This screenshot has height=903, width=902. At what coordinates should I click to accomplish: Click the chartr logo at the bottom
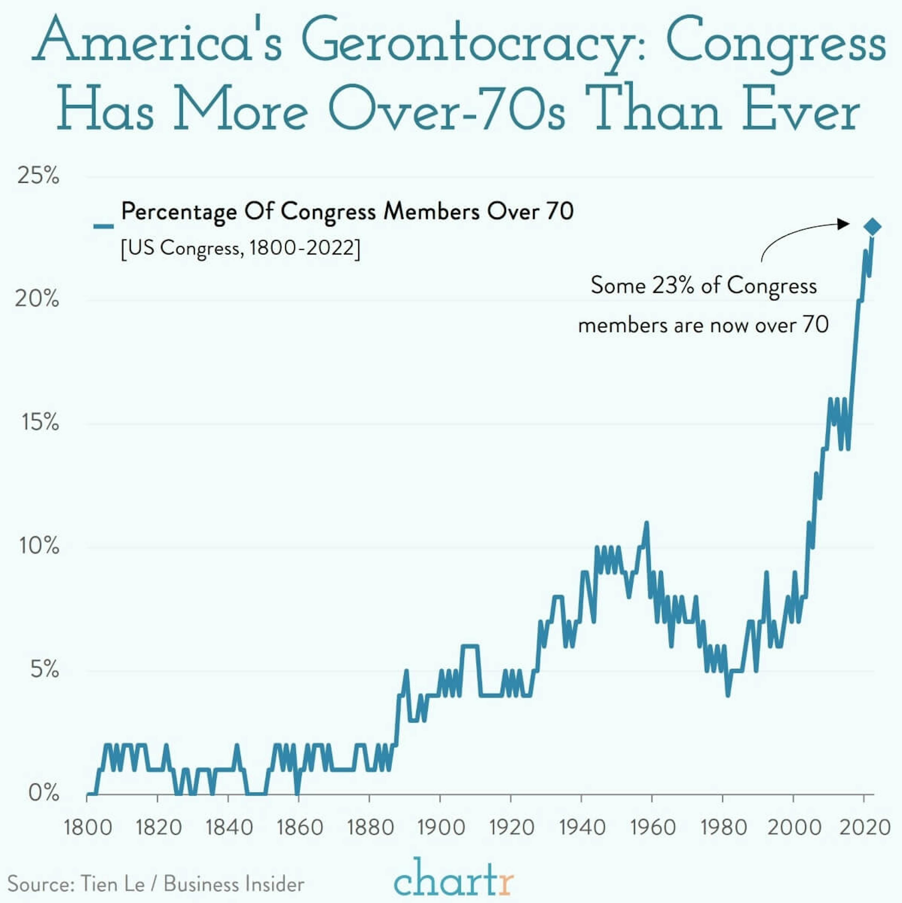tap(453, 879)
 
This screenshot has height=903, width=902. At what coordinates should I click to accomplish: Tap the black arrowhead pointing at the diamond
tap(843, 224)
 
